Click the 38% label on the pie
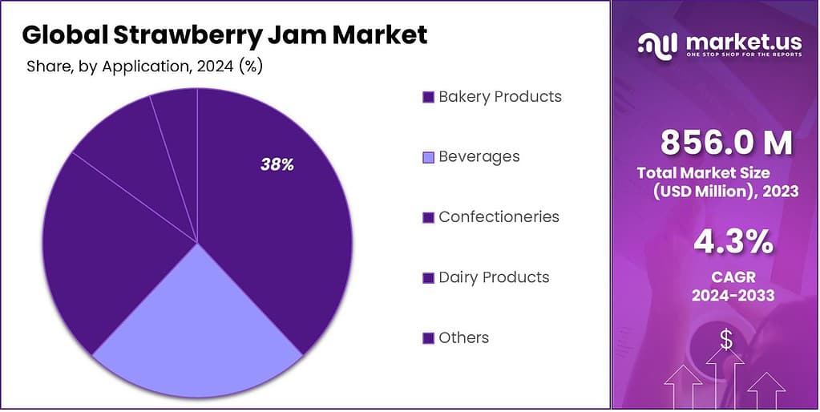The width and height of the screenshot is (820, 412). [277, 164]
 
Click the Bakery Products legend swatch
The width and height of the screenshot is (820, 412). [428, 97]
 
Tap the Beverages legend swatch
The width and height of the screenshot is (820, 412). [428, 157]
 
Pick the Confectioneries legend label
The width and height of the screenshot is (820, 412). [499, 217]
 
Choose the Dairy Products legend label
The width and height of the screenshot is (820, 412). [494, 277]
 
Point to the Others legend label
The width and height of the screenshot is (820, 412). [463, 337]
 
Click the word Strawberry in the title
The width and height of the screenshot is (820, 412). [205, 35]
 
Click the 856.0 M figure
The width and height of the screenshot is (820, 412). [726, 143]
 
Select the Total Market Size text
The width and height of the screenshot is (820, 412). [703, 172]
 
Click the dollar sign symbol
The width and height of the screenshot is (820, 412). [725, 341]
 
